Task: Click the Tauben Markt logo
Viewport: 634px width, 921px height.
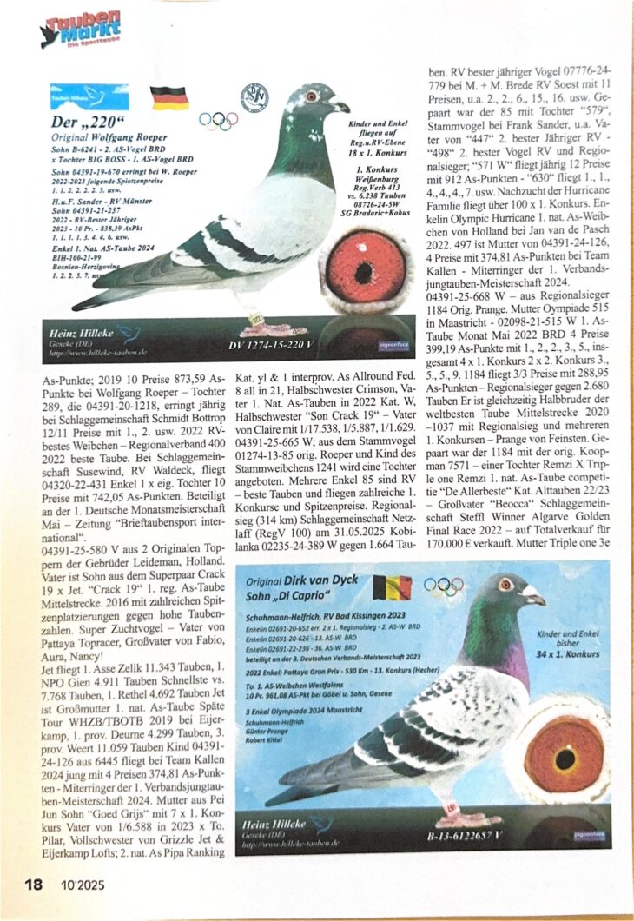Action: click(x=82, y=30)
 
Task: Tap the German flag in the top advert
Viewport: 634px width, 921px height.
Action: click(x=168, y=97)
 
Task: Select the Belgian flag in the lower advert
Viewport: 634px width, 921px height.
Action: click(x=392, y=587)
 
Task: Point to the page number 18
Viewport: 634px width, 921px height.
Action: click(x=33, y=885)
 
